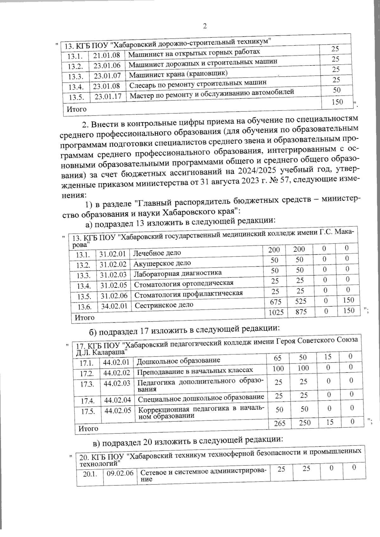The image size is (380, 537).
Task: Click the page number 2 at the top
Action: pos(205,26)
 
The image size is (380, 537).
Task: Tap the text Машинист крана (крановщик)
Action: pos(178,74)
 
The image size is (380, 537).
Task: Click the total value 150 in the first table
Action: pos(337,102)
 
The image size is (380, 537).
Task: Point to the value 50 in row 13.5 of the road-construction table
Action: pos(337,90)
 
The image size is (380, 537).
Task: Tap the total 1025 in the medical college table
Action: pos(276,312)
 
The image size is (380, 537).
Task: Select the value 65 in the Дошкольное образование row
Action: pos(277,358)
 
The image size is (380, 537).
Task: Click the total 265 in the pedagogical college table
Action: pos(280,423)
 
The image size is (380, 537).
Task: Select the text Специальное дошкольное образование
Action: pos(201,397)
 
